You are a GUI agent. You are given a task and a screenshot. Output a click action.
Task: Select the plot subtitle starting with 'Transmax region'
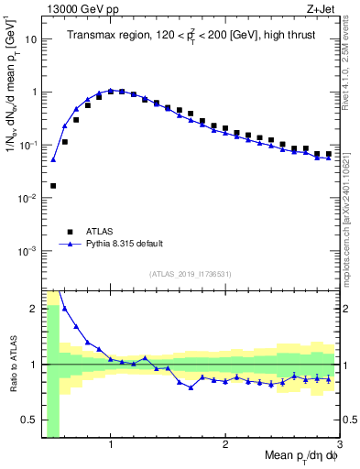click(191, 36)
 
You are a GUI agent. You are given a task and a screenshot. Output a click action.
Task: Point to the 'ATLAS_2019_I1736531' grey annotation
click(191, 274)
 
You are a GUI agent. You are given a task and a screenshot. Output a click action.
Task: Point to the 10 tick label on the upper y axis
click(30, 39)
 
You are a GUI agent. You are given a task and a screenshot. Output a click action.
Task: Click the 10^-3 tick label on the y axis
click(27, 251)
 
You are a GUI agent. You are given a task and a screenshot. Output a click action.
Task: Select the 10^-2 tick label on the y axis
click(27, 198)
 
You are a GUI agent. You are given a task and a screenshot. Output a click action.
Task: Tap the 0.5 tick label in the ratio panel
click(29, 420)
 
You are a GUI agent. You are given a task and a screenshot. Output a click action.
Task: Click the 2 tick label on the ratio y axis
click(34, 309)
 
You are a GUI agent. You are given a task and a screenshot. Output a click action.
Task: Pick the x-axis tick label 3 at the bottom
click(339, 444)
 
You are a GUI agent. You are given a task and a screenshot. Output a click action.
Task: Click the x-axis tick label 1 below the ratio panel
click(111, 444)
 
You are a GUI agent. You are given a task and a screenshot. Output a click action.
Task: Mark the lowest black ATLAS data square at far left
click(53, 186)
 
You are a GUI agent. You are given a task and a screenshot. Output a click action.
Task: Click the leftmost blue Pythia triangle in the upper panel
click(53, 159)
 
